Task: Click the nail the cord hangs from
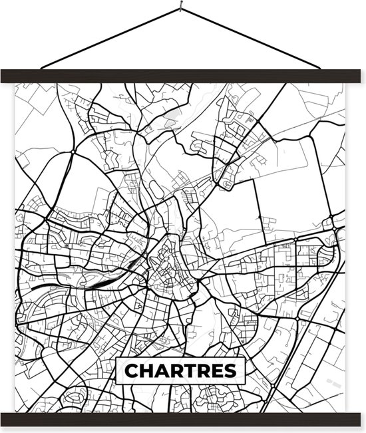click(x=180, y=8)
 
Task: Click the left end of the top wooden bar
click(x=5, y=76)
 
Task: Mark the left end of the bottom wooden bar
click(x=5, y=419)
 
